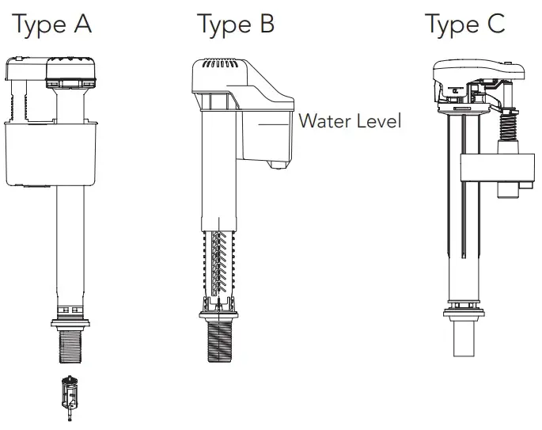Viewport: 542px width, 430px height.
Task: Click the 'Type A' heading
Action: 52,25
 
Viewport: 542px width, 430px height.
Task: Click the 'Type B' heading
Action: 236,25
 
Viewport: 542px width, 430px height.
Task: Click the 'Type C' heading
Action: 464,25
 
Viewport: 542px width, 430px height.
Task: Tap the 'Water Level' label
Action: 350,121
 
